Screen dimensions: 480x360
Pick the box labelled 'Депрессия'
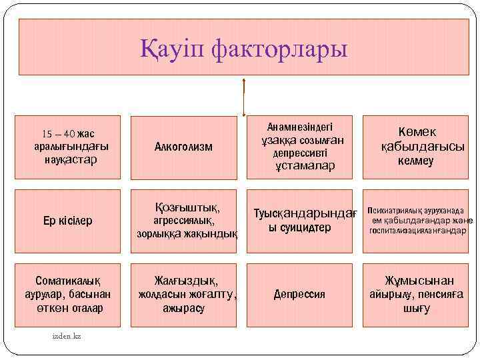[299, 294]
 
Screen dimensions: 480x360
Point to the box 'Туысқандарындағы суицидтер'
[299, 221]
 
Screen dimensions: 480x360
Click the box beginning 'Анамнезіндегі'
[299, 147]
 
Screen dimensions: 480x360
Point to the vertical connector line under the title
[245, 97]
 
